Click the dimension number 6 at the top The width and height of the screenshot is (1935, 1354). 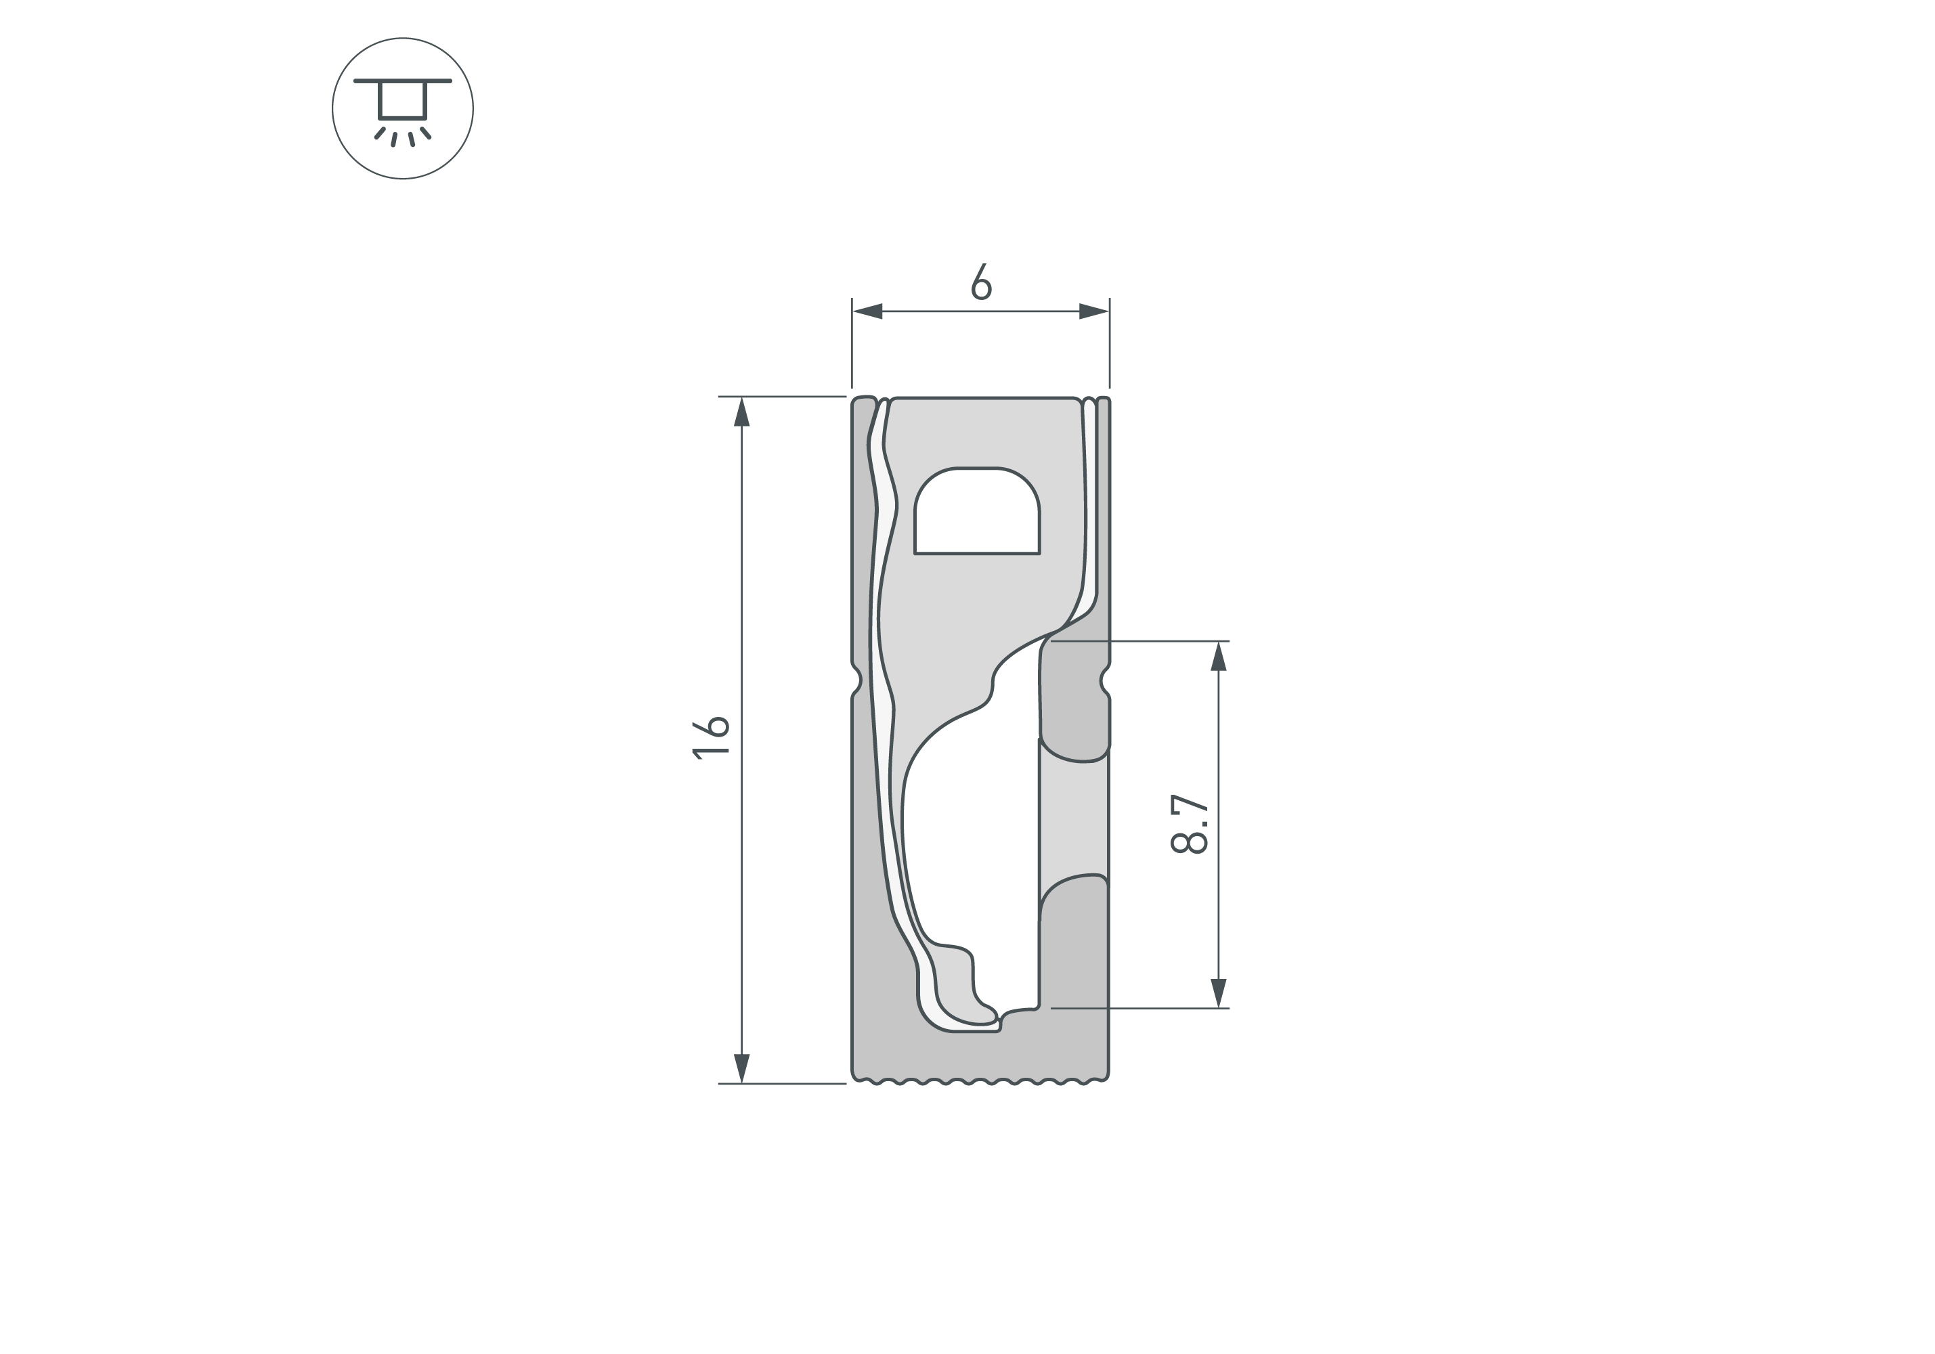[x=981, y=282]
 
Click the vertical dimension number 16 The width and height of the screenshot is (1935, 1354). [x=710, y=737]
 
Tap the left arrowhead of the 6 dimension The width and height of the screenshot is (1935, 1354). [x=867, y=311]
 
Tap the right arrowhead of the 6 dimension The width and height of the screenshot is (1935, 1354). [x=1094, y=311]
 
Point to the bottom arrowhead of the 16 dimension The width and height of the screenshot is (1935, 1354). [x=741, y=1068]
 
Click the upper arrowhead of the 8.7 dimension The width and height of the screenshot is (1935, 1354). [x=1218, y=657]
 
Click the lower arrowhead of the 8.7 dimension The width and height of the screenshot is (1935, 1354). [x=1218, y=993]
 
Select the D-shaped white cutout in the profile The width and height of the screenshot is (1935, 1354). [x=977, y=511]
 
